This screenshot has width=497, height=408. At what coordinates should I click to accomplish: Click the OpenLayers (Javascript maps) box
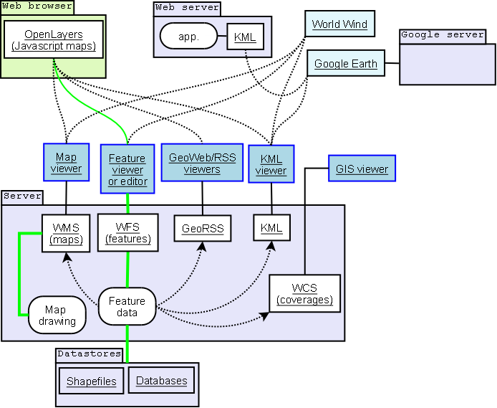tap(54, 39)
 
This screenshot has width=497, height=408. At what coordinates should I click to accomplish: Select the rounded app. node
tap(188, 35)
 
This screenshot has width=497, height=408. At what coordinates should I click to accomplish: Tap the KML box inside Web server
tap(245, 37)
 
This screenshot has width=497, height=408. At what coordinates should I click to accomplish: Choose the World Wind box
tap(339, 24)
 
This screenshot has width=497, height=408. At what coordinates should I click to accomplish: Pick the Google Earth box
tap(345, 63)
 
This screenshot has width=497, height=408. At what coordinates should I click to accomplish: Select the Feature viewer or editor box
tap(127, 169)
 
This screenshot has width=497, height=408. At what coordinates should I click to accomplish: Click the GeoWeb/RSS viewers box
tap(202, 163)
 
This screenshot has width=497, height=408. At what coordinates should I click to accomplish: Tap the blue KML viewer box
tap(271, 164)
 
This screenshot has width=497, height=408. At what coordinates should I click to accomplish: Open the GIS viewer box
tap(362, 169)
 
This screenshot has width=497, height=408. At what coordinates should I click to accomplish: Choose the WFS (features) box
tap(127, 232)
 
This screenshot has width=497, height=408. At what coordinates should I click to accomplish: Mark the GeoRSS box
tap(202, 229)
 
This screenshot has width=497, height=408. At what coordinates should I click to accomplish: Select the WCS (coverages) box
tap(304, 293)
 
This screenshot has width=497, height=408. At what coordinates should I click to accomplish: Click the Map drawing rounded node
tap(57, 315)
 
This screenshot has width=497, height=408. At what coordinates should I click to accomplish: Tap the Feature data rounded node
tap(127, 307)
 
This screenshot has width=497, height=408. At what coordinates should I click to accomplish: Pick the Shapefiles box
tap(90, 381)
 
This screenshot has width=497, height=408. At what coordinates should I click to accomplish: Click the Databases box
tap(161, 381)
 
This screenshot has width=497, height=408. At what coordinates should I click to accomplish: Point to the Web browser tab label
tap(37, 6)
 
